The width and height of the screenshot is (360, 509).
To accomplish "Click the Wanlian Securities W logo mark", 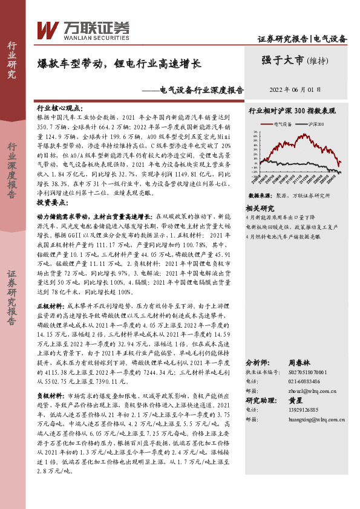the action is tap(47, 28).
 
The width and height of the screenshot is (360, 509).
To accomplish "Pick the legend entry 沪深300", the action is tap(316, 124).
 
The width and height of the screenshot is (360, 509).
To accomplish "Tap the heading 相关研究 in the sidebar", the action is tap(260, 207).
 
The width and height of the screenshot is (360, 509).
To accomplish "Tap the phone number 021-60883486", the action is tap(301, 381).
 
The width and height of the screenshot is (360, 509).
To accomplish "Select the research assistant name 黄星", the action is tap(295, 400).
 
